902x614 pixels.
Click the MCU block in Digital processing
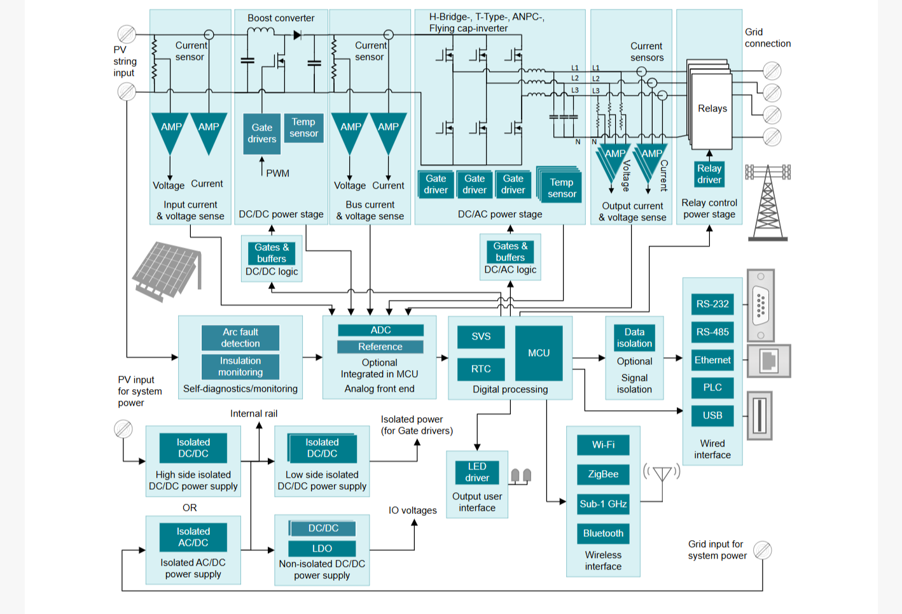[539, 353]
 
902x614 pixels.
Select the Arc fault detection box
[240, 338]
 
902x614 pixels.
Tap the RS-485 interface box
[712, 332]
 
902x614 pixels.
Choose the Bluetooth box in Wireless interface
[603, 533]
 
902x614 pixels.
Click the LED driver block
[477, 472]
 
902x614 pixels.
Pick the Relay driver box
[709, 174]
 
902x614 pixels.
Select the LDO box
[322, 548]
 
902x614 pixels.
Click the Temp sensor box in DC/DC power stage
[303, 128]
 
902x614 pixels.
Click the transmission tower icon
[768, 203]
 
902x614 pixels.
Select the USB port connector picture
[760, 416]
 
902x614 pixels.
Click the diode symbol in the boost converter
[298, 35]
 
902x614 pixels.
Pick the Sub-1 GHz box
[603, 504]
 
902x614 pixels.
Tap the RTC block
[481, 369]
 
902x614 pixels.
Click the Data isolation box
[634, 338]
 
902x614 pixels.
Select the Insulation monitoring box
[240, 366]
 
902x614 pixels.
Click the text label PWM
[277, 173]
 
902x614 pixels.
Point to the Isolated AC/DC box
[193, 537]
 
